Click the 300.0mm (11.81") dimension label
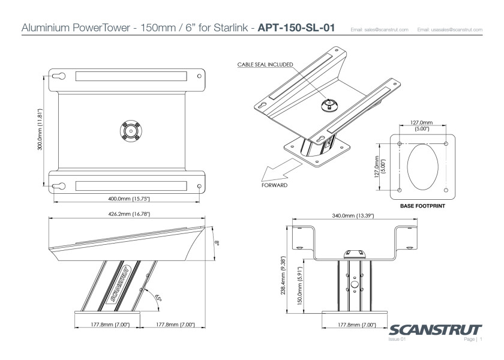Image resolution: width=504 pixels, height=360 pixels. [x=40, y=130]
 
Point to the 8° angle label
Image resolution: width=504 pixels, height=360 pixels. [x=218, y=243]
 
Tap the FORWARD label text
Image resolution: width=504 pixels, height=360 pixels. [x=274, y=185]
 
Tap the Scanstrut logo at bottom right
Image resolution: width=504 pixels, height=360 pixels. [x=435, y=331]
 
